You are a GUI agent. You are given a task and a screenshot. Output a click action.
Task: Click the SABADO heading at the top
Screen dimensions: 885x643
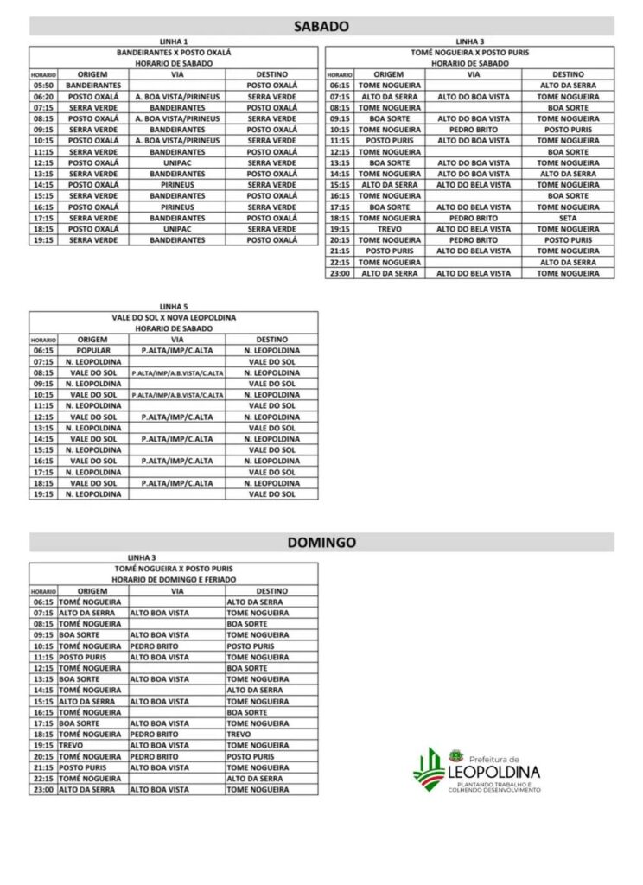(x=321, y=27)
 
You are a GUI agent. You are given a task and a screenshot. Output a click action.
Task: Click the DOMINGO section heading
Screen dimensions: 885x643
(x=321, y=543)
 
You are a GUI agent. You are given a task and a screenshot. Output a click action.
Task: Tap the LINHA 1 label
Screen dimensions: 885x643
(x=174, y=41)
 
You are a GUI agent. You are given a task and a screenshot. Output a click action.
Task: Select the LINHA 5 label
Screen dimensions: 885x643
(x=174, y=306)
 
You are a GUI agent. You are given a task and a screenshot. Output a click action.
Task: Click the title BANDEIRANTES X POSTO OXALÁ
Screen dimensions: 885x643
(x=174, y=53)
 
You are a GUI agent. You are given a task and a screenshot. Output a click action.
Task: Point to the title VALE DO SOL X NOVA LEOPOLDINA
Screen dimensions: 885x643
(x=174, y=317)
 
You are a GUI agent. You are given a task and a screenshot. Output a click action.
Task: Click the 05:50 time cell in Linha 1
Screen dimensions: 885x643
(x=43, y=86)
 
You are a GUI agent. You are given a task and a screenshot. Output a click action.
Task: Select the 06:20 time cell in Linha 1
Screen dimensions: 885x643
(x=43, y=97)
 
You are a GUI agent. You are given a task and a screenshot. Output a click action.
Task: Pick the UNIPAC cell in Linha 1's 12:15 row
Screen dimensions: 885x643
(x=177, y=162)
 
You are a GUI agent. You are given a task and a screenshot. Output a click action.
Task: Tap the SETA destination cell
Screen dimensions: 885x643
(x=568, y=218)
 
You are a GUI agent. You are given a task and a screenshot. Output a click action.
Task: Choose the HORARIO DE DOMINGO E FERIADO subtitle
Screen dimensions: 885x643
(x=174, y=579)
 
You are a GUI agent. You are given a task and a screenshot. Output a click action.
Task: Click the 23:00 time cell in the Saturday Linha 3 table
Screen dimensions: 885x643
(x=340, y=273)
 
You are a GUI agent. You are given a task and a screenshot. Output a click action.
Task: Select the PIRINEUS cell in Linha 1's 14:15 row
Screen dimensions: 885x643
(x=177, y=185)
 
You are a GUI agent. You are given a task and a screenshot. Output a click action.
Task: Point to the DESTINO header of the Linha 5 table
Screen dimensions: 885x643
(x=271, y=340)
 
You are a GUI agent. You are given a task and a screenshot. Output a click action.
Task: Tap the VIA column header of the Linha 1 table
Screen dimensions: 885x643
(x=177, y=74)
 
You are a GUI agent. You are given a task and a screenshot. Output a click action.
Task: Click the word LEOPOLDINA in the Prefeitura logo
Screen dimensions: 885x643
(x=495, y=771)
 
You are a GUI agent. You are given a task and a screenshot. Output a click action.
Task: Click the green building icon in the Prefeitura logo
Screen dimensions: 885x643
(x=429, y=767)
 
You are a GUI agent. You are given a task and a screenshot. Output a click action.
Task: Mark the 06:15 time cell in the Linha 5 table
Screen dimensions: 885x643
(x=43, y=351)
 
